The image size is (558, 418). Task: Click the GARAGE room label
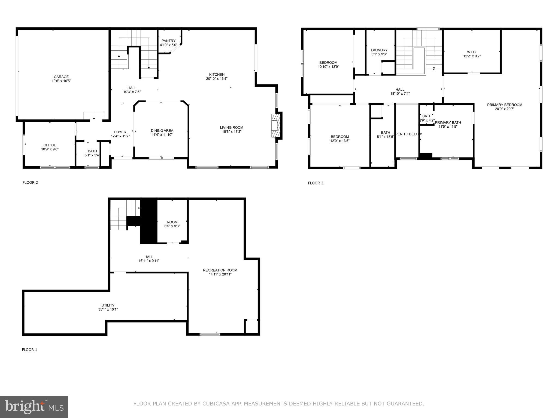click(x=61, y=77)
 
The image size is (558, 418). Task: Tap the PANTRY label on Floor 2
click(x=168, y=41)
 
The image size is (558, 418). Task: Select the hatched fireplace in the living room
click(x=275, y=126)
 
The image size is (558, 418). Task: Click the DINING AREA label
click(x=162, y=131)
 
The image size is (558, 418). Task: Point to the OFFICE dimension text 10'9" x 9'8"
click(x=50, y=149)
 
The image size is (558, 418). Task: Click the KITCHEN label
click(x=217, y=75)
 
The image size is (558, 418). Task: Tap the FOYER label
click(x=120, y=132)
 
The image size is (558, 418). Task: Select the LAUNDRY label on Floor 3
click(x=379, y=50)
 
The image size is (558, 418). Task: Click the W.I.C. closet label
click(x=472, y=52)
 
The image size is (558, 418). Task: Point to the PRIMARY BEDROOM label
click(x=505, y=105)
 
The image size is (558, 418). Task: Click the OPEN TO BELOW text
click(x=407, y=134)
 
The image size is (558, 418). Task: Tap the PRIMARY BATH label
click(x=448, y=122)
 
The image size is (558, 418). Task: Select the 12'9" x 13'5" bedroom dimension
click(x=340, y=141)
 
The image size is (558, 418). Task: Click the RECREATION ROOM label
click(x=220, y=270)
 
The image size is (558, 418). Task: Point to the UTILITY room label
click(x=108, y=305)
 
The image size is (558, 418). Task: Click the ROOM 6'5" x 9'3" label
click(x=172, y=222)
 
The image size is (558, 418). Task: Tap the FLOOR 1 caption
click(x=29, y=350)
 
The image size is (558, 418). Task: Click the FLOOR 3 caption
click(x=316, y=183)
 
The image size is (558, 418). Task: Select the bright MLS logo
click(x=34, y=407)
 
